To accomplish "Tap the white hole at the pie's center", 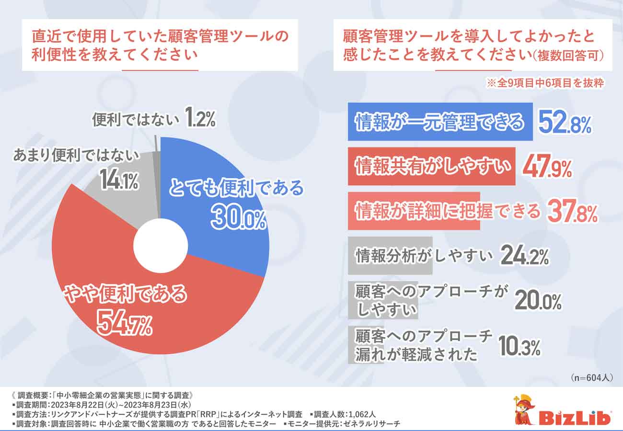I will click(x=161, y=245).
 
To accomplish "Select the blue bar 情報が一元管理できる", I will click(x=440, y=122).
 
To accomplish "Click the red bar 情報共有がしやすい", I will click(x=431, y=166).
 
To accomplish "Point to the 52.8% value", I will click(x=565, y=123).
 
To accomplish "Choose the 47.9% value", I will click(x=547, y=167).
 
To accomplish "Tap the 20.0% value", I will click(x=538, y=301).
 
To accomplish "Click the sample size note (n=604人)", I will click(x=592, y=377).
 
